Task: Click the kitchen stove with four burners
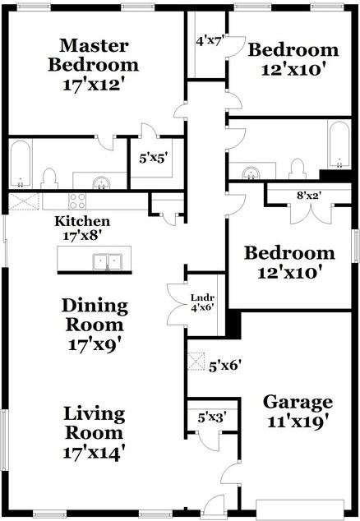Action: (77, 201)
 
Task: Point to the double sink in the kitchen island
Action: (107, 262)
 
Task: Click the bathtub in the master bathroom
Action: (21, 164)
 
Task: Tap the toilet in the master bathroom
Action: (49, 179)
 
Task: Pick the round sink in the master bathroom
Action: (101, 182)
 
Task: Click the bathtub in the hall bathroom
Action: (339, 144)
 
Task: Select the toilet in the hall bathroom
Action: (298, 169)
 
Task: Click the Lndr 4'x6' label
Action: (201, 302)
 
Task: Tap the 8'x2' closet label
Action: (309, 196)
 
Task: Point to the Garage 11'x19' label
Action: (298, 412)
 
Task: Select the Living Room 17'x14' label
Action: (95, 433)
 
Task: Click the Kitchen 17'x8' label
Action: (82, 228)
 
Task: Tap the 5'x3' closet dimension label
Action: (212, 417)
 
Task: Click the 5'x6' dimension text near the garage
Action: (224, 367)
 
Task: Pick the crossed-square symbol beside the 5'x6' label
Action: (196, 361)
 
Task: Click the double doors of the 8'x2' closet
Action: (311, 214)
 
